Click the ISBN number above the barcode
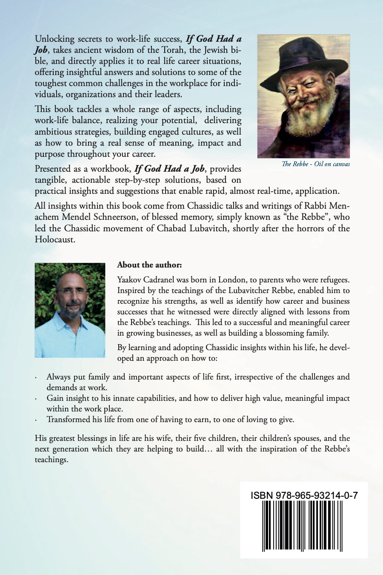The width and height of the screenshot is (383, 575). (x=304, y=495)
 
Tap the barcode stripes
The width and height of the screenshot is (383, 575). (x=304, y=526)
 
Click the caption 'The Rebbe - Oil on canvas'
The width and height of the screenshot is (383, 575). (x=316, y=164)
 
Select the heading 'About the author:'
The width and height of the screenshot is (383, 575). (x=149, y=265)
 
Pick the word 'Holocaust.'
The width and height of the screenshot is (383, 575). (x=55, y=239)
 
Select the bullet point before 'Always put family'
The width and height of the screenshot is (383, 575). (x=36, y=378)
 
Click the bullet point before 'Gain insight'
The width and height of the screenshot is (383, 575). (x=36, y=399)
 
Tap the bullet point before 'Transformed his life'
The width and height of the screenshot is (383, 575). (x=36, y=420)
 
